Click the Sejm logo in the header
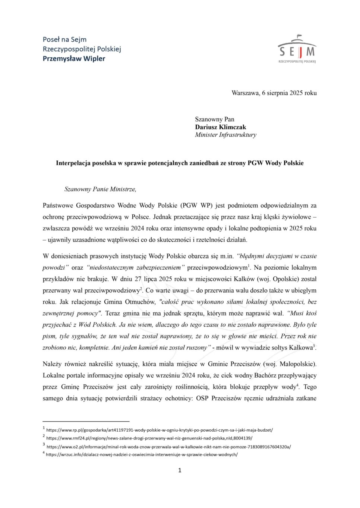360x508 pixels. click(297, 49)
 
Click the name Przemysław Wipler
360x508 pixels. click(74, 58)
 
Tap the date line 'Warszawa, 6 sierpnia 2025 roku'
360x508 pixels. click(274, 93)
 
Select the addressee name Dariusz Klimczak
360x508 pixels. click(220, 127)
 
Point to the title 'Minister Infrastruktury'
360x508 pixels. click(225, 135)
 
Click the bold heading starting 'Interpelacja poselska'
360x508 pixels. click(180, 163)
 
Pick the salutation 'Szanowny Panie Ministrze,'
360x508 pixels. click(100, 189)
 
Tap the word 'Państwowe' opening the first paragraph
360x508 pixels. click(57, 205)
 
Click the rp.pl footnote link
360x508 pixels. click(160, 430)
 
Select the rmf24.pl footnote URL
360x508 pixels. click(149, 438)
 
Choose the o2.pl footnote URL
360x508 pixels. click(168, 447)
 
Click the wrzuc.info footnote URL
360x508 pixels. click(142, 454)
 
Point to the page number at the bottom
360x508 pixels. click(180, 470)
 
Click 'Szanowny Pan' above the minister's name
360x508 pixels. click(214, 119)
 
